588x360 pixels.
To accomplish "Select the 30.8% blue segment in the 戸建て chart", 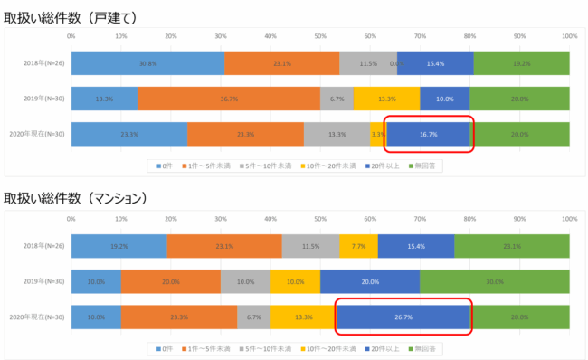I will [147, 63].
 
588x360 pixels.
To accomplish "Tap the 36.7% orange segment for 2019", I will [228, 99].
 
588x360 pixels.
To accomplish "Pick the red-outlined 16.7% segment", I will [429, 134].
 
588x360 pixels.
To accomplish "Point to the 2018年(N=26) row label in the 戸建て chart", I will [43, 63].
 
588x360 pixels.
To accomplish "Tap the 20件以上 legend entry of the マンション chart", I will [382, 347].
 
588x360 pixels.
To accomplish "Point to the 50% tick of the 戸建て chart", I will [320, 37].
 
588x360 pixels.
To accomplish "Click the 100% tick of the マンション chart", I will [569, 219].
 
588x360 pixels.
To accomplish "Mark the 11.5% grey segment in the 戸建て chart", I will [368, 63].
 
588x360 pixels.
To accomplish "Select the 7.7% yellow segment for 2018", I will [358, 246].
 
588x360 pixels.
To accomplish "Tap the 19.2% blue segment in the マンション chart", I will [119, 246].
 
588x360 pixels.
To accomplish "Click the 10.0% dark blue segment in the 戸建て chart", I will [445, 99].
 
